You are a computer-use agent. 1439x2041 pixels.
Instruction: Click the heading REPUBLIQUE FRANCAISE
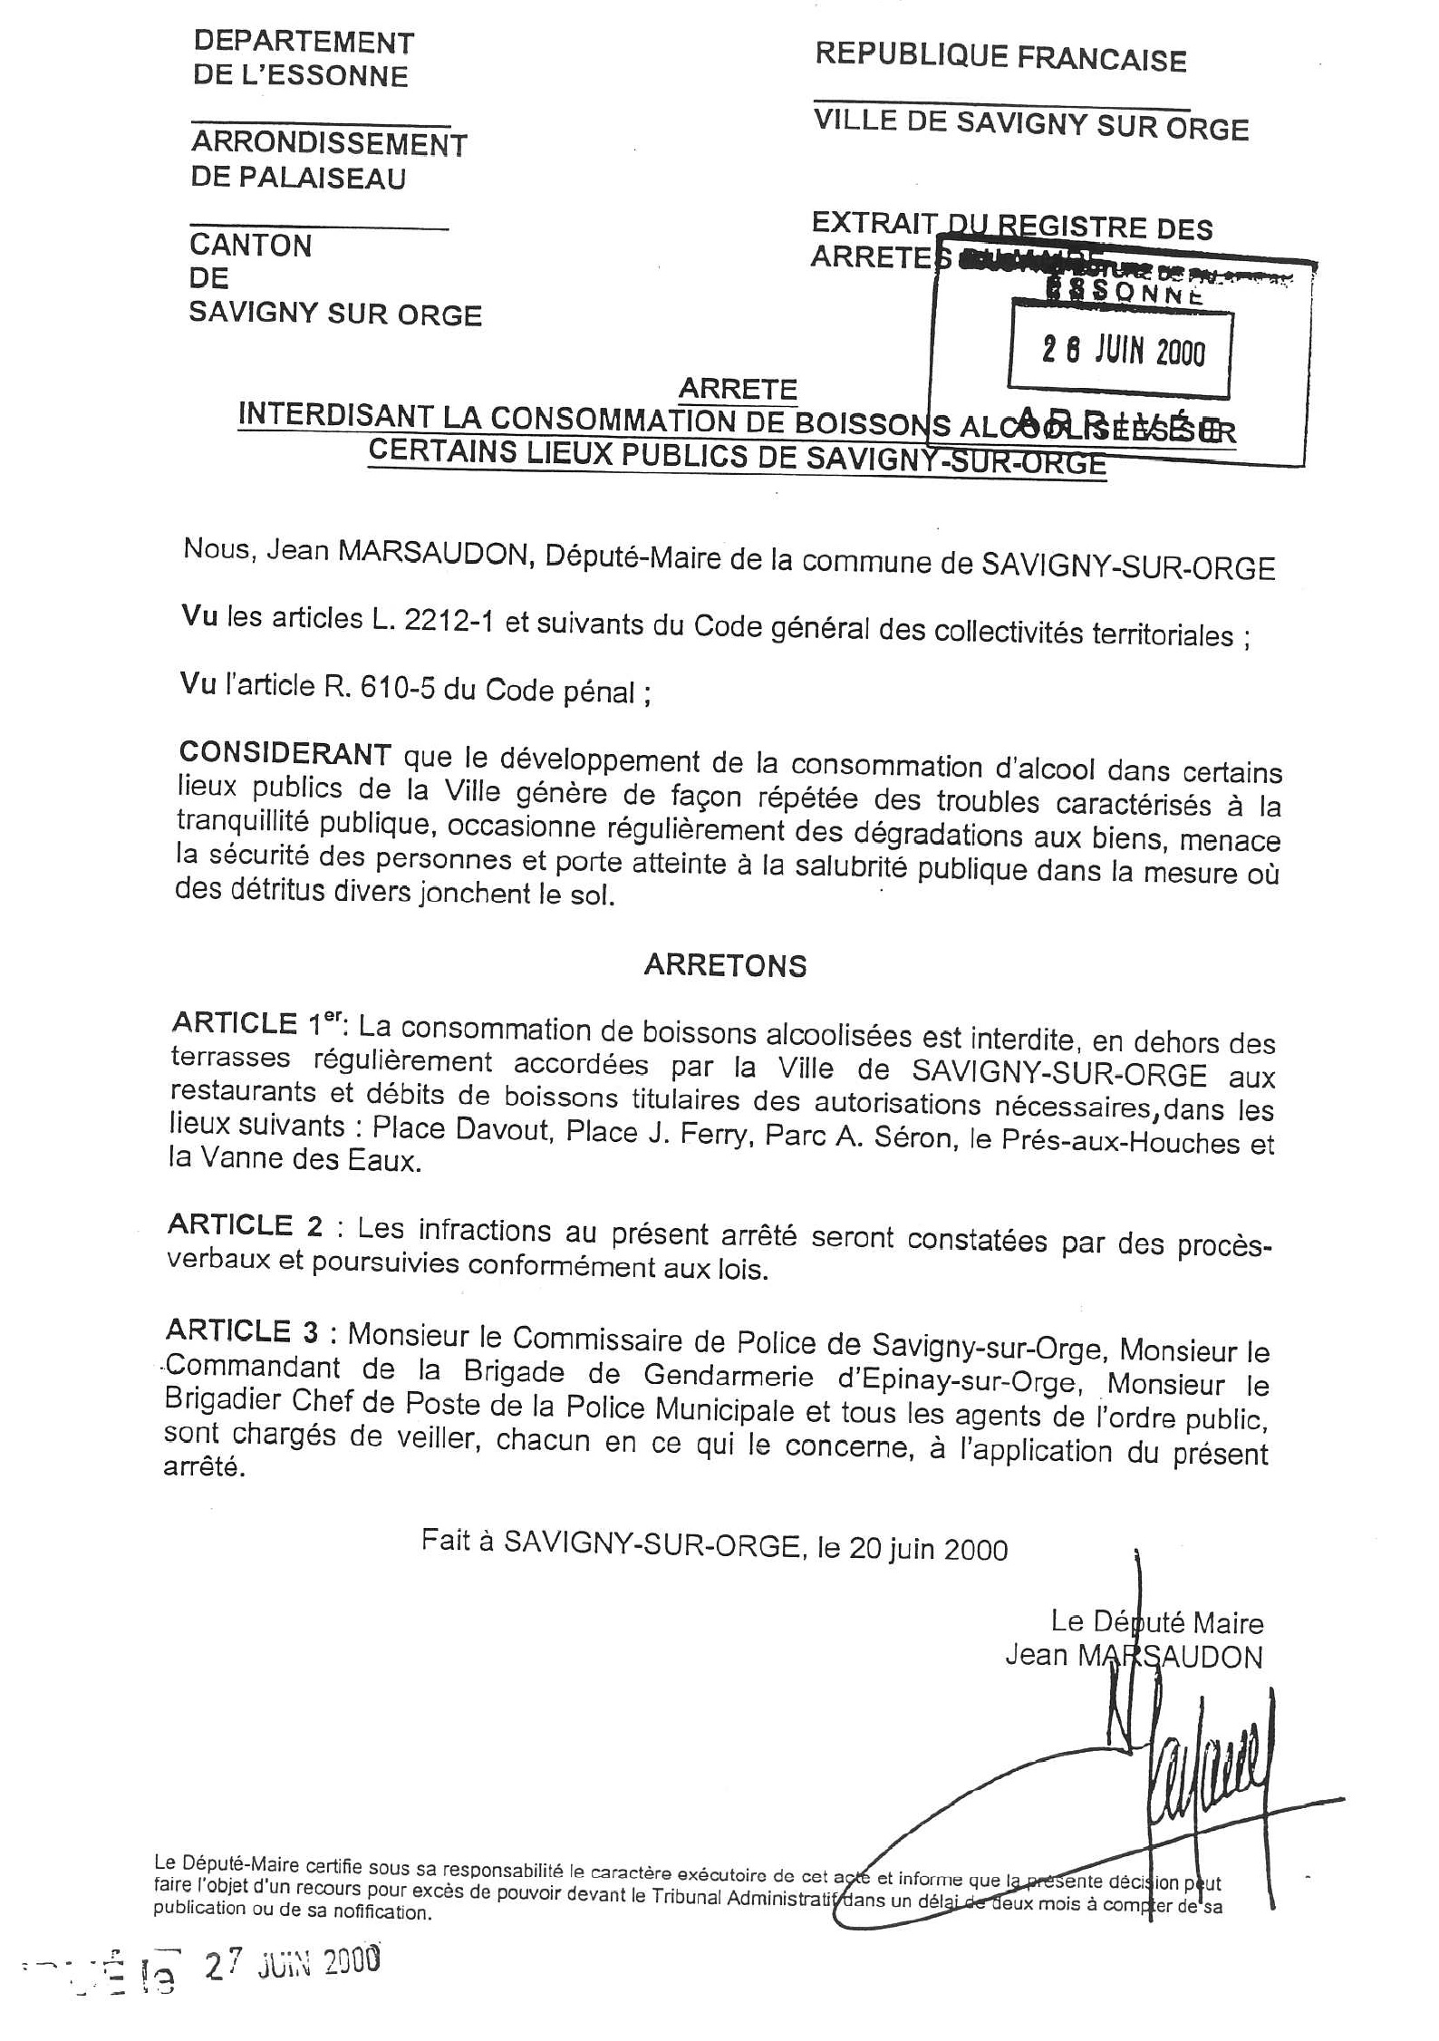click(1000, 58)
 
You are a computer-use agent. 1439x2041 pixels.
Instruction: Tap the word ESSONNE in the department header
click(339, 76)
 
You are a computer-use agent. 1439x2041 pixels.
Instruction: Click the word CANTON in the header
click(250, 246)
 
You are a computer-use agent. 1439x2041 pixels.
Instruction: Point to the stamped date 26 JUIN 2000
click(1123, 352)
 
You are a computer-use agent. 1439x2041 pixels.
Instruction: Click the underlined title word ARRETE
click(738, 389)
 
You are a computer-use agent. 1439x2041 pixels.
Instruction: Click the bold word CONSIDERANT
click(285, 753)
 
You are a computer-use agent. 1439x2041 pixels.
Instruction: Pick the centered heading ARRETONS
click(725, 966)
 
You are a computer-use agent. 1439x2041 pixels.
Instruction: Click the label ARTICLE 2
click(245, 1225)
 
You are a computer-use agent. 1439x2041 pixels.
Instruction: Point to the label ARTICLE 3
click(242, 1330)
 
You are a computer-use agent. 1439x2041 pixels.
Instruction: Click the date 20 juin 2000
click(928, 1549)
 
